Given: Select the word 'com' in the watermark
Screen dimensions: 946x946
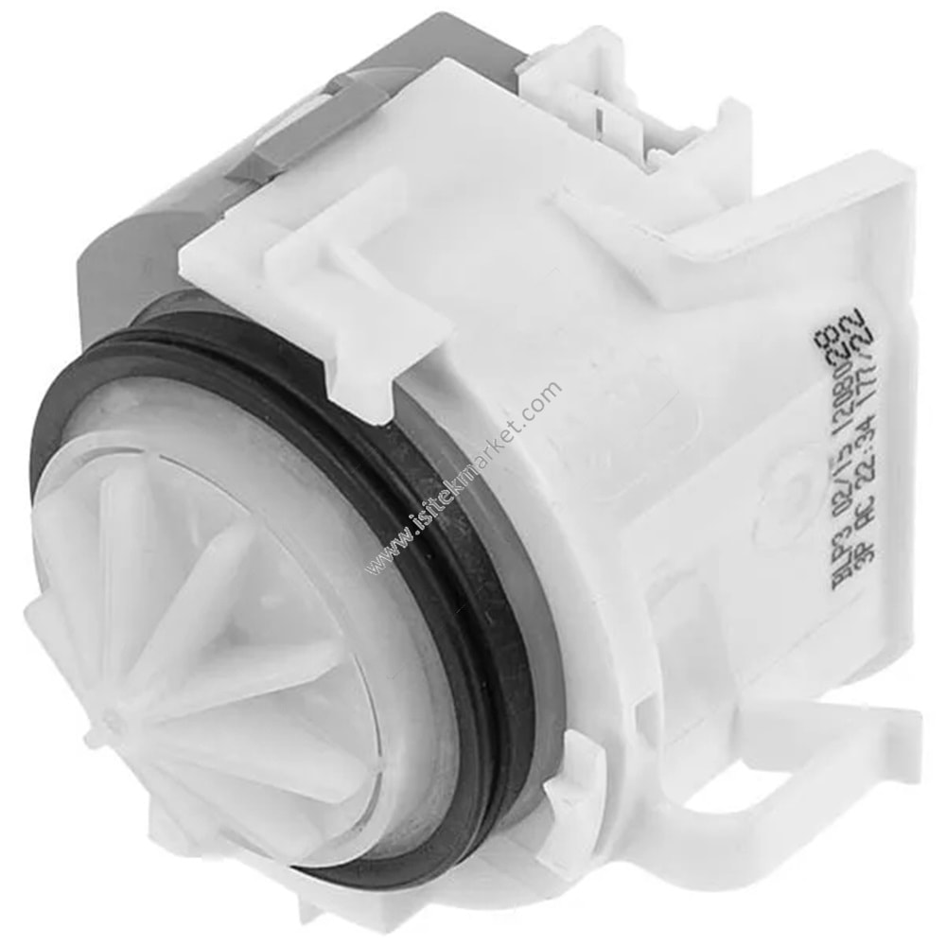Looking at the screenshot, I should [x=543, y=398].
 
